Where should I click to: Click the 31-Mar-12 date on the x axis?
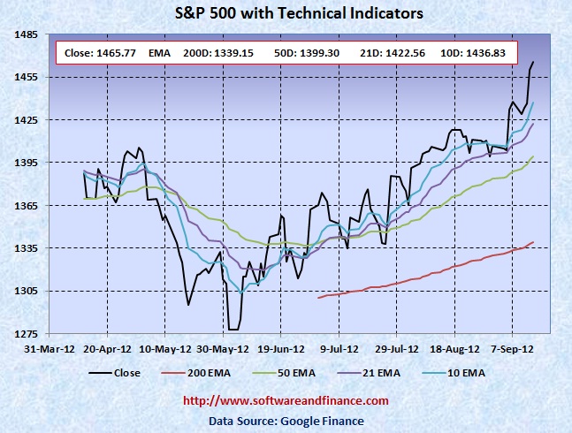pyautogui.click(x=50, y=348)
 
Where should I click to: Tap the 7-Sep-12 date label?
pyautogui.click(x=511, y=348)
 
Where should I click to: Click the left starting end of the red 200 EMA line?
pyautogui.click(x=317, y=298)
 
